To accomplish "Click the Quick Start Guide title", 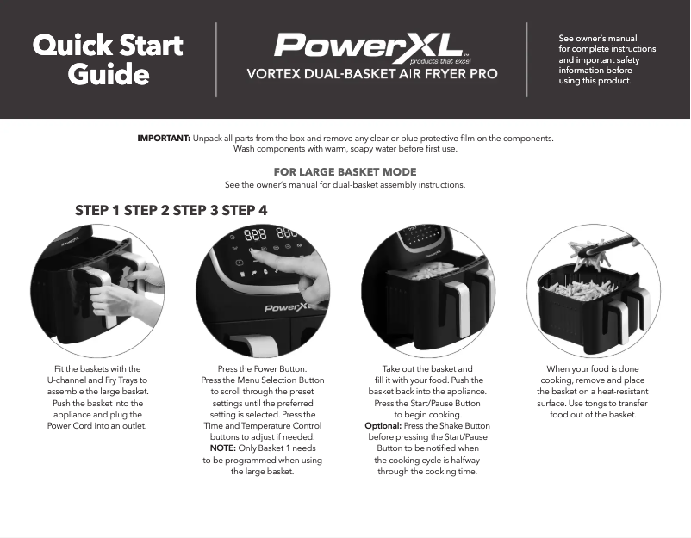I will pyautogui.click(x=108, y=59).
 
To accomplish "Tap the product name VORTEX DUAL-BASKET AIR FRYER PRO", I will pyautogui.click(x=371, y=74).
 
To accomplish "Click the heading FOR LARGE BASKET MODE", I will pyautogui.click(x=345, y=172).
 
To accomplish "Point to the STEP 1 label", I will pyautogui.click(x=98, y=210).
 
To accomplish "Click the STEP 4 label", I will pyautogui.click(x=245, y=210).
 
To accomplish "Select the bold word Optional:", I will pyautogui.click(x=383, y=426).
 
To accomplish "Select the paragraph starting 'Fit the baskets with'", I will pyautogui.click(x=96, y=398).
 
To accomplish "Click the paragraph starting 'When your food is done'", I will pyautogui.click(x=593, y=392).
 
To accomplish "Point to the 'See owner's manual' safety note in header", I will pyautogui.click(x=607, y=60).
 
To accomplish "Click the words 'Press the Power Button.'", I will pyautogui.click(x=263, y=369).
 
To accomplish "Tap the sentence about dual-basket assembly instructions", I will pyautogui.click(x=345, y=185).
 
